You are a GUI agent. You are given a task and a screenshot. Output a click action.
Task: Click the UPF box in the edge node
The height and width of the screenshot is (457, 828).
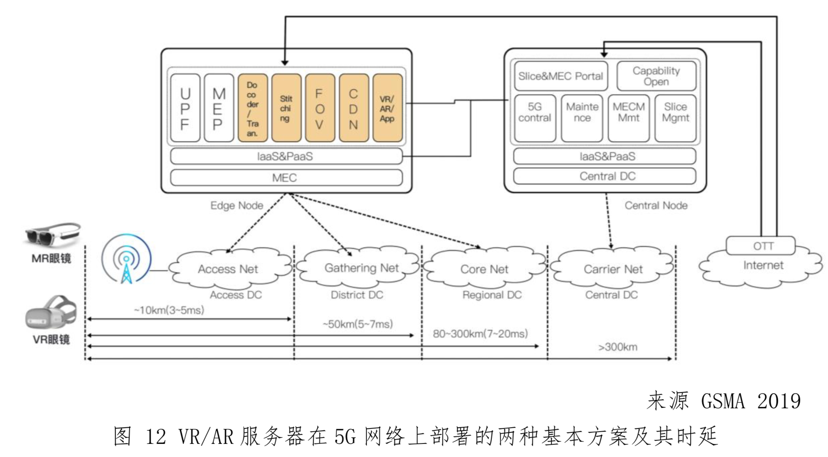tap(185, 108)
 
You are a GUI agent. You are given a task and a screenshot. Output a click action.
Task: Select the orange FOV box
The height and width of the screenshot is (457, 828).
tap(319, 108)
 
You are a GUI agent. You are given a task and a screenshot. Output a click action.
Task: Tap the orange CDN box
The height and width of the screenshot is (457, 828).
tap(353, 108)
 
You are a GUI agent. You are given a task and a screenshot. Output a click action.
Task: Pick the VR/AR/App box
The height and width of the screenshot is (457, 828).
tap(387, 108)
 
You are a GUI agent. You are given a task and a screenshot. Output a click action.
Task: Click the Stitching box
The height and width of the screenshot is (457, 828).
tap(286, 108)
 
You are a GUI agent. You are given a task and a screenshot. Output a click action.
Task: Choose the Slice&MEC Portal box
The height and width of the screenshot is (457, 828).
tap(561, 76)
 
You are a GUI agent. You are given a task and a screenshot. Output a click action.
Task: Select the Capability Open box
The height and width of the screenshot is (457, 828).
tap(656, 76)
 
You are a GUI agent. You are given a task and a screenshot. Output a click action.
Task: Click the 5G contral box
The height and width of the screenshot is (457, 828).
tap(535, 117)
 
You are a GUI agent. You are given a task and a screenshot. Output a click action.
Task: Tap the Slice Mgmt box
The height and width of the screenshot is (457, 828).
tap(675, 117)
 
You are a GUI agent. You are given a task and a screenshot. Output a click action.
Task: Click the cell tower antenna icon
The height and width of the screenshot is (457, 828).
tap(126, 259)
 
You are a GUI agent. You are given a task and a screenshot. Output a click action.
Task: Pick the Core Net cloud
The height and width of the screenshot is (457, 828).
tap(484, 269)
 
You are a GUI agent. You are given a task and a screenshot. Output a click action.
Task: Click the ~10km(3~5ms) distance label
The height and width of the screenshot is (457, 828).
tap(169, 310)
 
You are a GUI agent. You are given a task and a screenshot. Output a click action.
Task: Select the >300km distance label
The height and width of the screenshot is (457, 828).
tap(618, 347)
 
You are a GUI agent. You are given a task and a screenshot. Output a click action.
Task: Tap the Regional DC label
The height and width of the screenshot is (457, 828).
tap(492, 295)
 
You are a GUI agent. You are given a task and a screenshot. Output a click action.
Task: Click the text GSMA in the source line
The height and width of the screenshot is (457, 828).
tap(723, 401)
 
